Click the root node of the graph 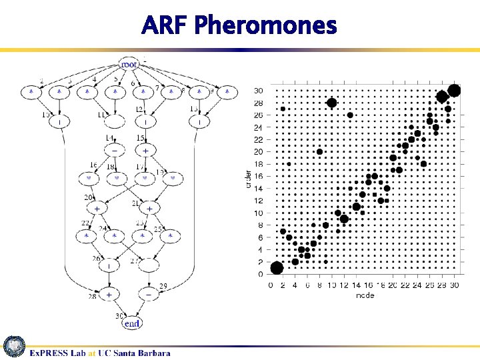pos(129,64)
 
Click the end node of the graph pos(132,323)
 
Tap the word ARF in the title pos(166,26)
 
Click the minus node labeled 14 pos(115,151)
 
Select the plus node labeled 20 pos(97,209)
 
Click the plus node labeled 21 pos(149,209)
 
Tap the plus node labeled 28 pos(108,293)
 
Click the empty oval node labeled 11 pos(115,122)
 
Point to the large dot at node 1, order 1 pos(277,268)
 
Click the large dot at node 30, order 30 pos(455,91)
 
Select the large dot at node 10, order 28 pos(331,103)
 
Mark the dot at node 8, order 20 pos(319,152)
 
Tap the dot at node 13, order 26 pos(350,115)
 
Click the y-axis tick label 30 pos(258,91)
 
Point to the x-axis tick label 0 pos(270,285)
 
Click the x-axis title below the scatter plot pos(365,295)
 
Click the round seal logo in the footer pos(15,347)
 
